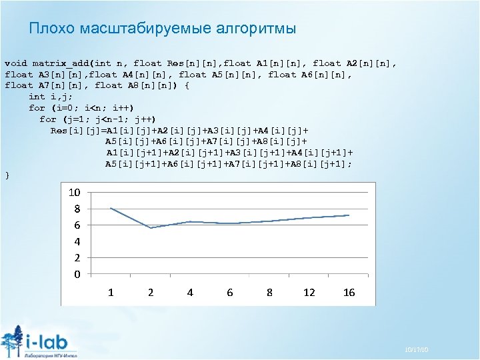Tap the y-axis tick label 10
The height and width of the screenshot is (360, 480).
click(75, 192)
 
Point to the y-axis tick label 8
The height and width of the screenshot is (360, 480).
click(77, 209)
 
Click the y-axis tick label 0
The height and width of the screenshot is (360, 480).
click(77, 274)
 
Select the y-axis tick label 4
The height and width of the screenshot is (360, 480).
click(77, 241)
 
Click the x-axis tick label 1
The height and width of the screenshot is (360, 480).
click(111, 292)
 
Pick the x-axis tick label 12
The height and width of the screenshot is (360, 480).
click(309, 292)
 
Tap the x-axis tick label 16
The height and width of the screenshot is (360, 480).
click(349, 292)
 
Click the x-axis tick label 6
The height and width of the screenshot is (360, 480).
click(230, 292)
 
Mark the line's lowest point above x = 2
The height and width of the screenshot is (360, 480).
click(151, 228)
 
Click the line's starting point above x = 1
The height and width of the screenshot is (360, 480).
click(111, 208)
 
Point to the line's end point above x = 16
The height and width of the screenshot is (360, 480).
click(349, 215)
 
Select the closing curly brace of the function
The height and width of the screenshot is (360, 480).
click(7, 175)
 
